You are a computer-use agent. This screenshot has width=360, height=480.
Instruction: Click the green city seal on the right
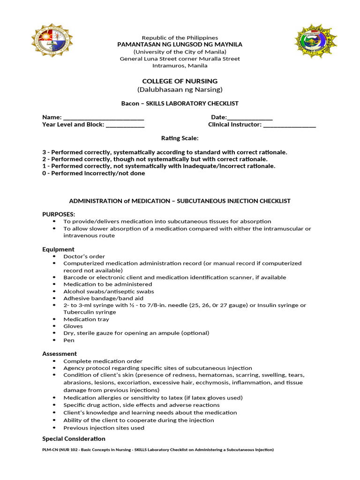(x=315, y=41)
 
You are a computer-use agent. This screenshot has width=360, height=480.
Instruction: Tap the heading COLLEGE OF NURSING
(x=180, y=81)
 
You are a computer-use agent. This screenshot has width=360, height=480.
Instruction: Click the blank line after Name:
(x=103, y=118)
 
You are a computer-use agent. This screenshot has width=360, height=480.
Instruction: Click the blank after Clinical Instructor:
(x=289, y=125)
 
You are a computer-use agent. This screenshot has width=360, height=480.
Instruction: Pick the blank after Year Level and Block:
(x=125, y=125)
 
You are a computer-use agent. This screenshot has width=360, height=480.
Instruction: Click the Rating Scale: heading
(x=180, y=138)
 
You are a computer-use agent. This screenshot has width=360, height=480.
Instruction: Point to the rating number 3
(x=44, y=152)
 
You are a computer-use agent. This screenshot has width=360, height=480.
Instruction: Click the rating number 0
(x=44, y=173)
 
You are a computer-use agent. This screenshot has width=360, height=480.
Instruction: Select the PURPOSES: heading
(x=59, y=214)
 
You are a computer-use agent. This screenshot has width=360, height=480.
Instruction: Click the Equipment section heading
(x=58, y=249)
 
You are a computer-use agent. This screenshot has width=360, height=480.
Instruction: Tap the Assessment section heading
(x=60, y=353)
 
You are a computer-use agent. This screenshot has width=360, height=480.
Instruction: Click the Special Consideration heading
(x=74, y=439)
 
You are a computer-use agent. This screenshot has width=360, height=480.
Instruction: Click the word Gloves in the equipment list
(x=73, y=326)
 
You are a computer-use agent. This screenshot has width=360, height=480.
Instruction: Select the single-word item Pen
(x=69, y=340)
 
